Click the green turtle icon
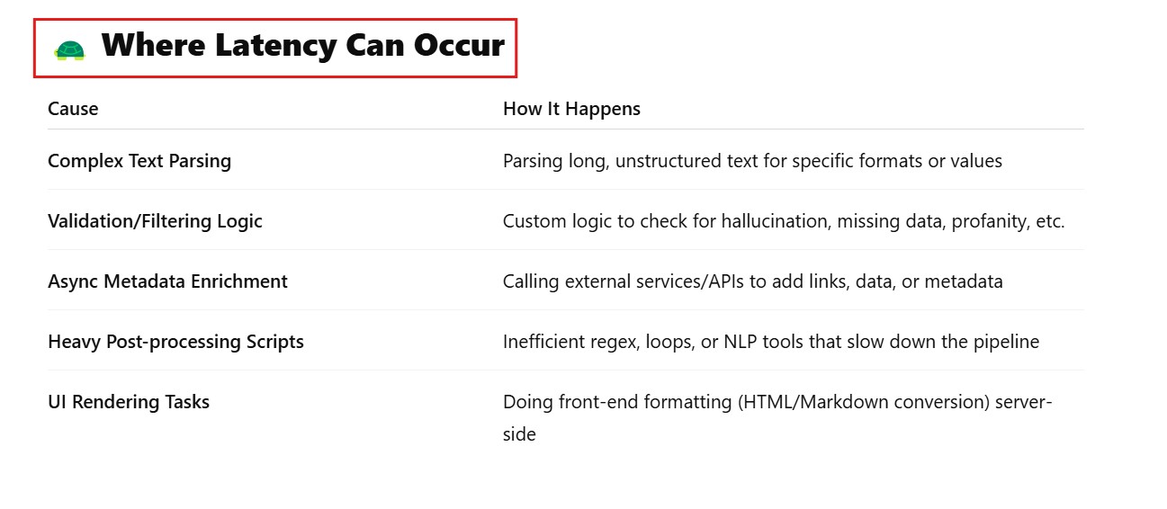(x=70, y=50)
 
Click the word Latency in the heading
(x=276, y=46)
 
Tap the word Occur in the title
(x=459, y=45)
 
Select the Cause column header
(x=73, y=109)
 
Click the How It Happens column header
(x=571, y=109)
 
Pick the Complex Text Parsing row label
(x=139, y=161)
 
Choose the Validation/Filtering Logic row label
(x=156, y=221)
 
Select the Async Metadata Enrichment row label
(x=167, y=281)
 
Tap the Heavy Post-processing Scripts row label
(x=176, y=342)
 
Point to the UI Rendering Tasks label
(x=129, y=402)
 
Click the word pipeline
(x=1006, y=342)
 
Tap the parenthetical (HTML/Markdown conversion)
(x=864, y=402)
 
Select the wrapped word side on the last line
(x=519, y=434)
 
